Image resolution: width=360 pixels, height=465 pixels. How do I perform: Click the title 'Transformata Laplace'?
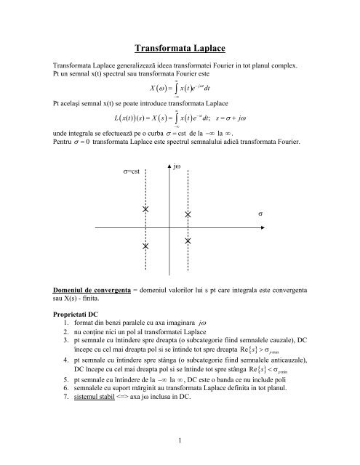pyautogui.click(x=179, y=49)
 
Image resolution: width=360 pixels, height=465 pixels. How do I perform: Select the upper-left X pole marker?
pyautogui.click(x=146, y=209)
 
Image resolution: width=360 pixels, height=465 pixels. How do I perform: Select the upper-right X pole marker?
pyautogui.click(x=188, y=215)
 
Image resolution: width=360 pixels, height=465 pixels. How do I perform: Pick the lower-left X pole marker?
pyautogui.click(x=146, y=246)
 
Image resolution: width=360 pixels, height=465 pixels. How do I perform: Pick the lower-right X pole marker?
pyautogui.click(x=188, y=240)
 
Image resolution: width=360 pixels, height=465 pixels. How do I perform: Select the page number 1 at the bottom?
pyautogui.click(x=179, y=438)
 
